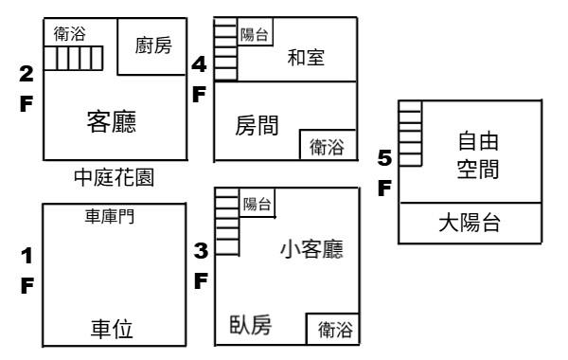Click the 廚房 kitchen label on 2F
click(x=153, y=45)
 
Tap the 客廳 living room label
click(x=112, y=122)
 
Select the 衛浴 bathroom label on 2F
click(x=69, y=34)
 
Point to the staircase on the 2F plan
click(x=73, y=58)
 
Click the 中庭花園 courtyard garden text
click(x=115, y=177)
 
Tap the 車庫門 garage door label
click(x=110, y=216)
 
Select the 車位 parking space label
click(x=112, y=329)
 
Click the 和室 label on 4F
click(x=306, y=58)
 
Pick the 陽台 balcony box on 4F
click(x=255, y=32)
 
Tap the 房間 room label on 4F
click(x=257, y=125)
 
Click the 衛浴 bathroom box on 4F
click(x=328, y=145)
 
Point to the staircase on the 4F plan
click(x=225, y=49)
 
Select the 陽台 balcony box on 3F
click(x=257, y=203)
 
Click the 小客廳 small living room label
click(x=311, y=249)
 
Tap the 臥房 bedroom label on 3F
click(x=251, y=324)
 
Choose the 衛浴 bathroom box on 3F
click(x=332, y=329)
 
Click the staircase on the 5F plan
click(x=411, y=134)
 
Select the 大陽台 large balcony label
click(x=470, y=223)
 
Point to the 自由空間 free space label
click(x=478, y=155)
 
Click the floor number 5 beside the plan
click(x=384, y=158)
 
